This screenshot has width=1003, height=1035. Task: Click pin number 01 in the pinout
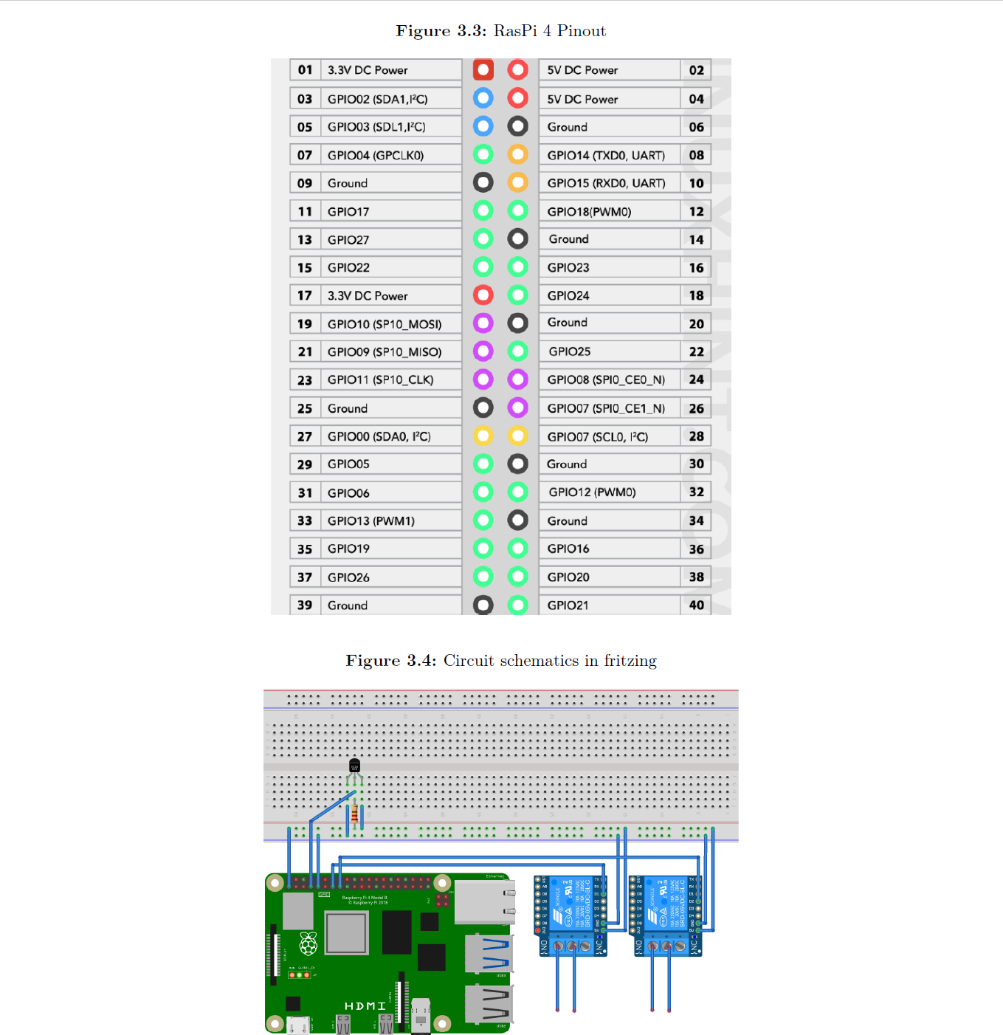305,70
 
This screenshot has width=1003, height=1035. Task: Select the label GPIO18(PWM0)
589,212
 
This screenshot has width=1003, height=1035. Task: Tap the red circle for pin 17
483,295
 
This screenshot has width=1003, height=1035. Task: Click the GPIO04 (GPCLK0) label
375,155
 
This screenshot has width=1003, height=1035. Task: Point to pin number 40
696,605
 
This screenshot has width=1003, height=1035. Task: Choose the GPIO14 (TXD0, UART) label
605,155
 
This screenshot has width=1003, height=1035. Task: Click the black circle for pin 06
518,126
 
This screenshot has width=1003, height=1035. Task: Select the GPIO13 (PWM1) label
370,521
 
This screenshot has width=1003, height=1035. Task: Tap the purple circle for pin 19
483,323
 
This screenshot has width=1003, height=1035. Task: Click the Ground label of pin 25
347,408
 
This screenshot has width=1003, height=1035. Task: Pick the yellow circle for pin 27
483,436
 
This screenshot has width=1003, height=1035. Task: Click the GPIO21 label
568,605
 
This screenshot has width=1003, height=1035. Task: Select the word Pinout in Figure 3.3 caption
581,31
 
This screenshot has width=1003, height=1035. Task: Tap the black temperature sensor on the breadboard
354,766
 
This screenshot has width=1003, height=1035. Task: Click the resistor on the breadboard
355,814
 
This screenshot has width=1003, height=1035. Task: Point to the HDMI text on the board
365,1006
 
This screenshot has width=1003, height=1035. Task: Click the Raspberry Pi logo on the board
308,943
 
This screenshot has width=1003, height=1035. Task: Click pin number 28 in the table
696,436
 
